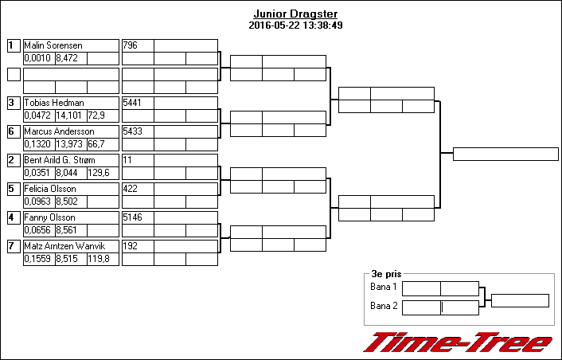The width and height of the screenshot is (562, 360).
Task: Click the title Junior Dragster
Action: point(295,14)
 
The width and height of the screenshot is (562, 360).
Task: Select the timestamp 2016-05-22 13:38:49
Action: point(295,25)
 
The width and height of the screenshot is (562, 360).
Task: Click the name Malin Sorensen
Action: point(53,45)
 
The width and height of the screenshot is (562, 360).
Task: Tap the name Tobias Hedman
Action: point(54,103)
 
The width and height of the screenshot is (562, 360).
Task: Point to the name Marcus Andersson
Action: point(59,131)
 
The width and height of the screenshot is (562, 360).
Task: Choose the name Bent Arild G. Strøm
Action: point(60,160)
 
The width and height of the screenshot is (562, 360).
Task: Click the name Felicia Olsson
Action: point(50,189)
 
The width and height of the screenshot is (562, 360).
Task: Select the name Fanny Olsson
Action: point(50,217)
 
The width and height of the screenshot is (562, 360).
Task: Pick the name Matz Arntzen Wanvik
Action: point(64,246)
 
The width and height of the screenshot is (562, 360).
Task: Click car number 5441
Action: point(132,103)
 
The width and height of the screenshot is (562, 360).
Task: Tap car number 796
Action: point(130,45)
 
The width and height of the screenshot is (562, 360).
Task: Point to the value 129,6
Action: point(99,173)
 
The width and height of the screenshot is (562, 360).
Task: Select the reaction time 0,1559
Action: point(37,259)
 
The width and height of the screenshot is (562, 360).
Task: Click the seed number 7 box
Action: point(14,246)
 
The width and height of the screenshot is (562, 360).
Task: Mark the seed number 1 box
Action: point(14,45)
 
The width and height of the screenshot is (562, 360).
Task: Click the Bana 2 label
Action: point(384,306)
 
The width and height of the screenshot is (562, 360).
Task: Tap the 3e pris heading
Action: point(386,274)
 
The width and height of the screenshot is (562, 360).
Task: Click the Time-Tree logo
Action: point(458,342)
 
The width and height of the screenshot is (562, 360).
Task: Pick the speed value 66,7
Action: point(96,144)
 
